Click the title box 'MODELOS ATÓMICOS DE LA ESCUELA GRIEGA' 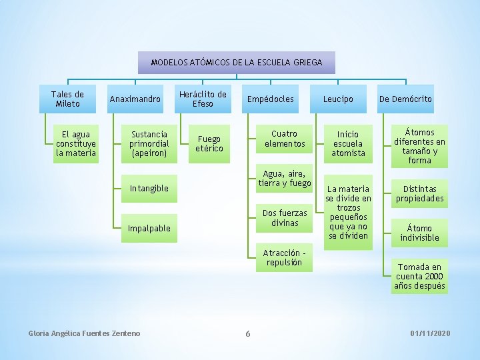tap(237, 62)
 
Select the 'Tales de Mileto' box tap(68, 99)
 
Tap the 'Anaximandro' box tap(135, 99)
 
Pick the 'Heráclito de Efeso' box tap(203, 99)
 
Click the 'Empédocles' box tap(270, 99)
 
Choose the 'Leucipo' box tap(338, 99)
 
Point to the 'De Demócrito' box tap(405, 99)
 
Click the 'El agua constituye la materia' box tap(76, 143)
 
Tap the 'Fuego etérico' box tap(209, 143)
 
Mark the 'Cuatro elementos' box tap(285, 139)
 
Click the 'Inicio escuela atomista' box tap(348, 143)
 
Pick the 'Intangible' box tap(149, 188)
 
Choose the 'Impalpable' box tap(149, 228)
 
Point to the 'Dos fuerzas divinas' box tap(285, 218)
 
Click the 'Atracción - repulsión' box tap(285, 257)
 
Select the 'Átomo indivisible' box tap(420, 233)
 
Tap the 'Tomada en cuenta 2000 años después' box tap(420, 276)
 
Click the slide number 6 tap(247, 333)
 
